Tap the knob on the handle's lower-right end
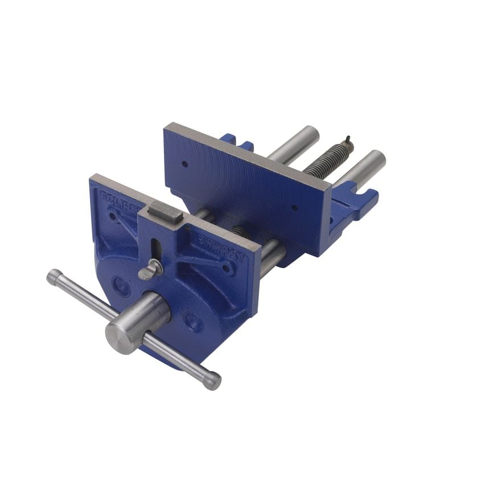(212, 380)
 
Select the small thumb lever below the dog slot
(150, 270)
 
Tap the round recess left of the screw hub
(121, 284)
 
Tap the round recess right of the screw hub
(193, 322)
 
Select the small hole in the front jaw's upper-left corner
(114, 216)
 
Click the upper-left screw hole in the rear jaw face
(185, 164)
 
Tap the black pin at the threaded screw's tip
(347, 141)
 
